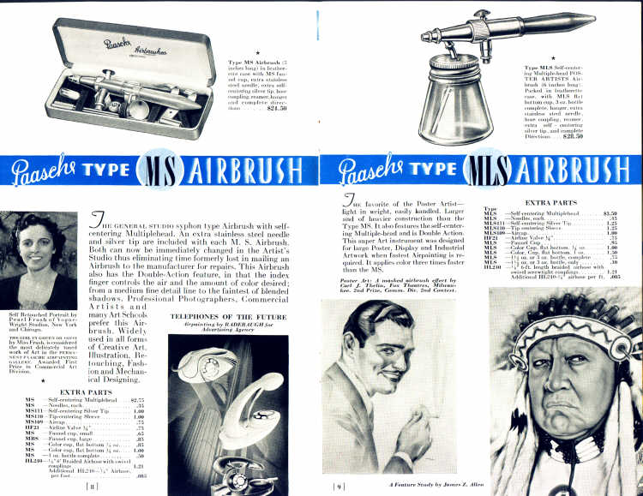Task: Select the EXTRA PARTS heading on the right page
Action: point(550,203)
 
